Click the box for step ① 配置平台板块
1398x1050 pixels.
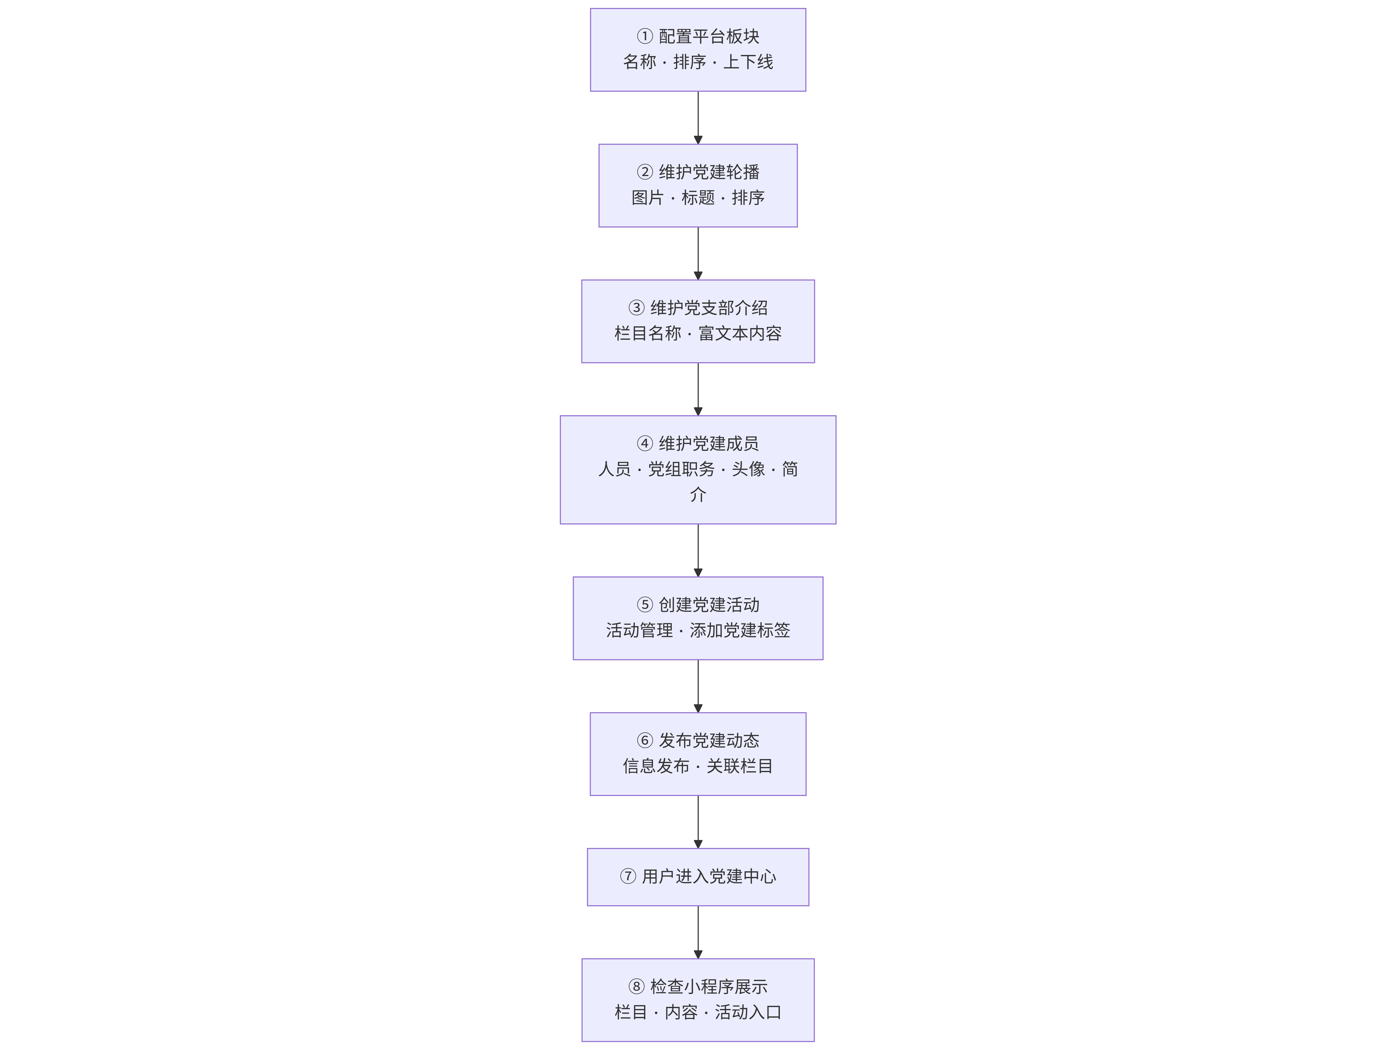698,50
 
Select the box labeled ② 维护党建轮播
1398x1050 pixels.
698,185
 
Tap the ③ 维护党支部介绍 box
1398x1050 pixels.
698,321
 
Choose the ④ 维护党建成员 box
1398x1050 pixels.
698,470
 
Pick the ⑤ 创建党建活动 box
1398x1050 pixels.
698,618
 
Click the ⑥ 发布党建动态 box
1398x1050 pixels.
698,754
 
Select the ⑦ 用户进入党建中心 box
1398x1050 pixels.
698,877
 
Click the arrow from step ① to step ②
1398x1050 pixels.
698,118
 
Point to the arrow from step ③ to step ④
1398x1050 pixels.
698,389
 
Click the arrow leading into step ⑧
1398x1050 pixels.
698,932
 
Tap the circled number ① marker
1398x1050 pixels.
645,37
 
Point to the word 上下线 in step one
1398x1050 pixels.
748,62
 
